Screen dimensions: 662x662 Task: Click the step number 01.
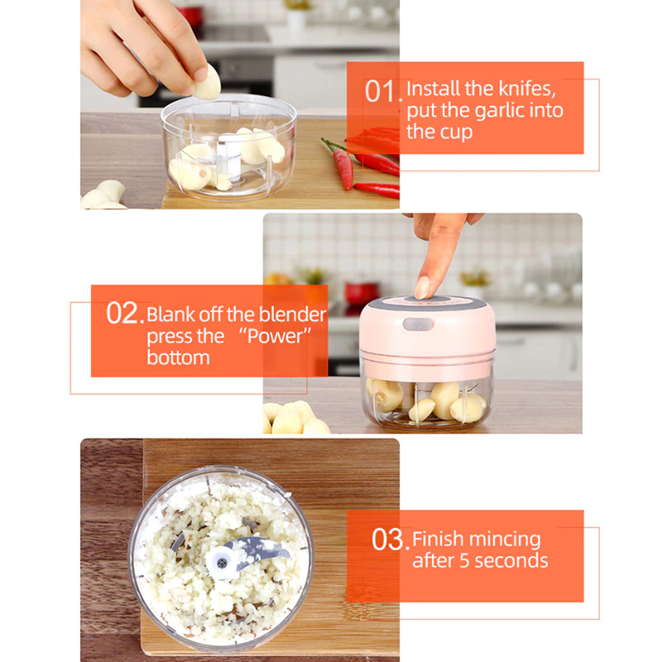pyautogui.click(x=383, y=91)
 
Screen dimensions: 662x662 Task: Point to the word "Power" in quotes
pyautogui.click(x=270, y=336)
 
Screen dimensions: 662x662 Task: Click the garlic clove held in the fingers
pyautogui.click(x=207, y=83)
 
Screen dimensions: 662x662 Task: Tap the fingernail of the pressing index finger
pyautogui.click(x=423, y=286)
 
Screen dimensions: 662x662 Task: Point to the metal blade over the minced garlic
pyautogui.click(x=261, y=548)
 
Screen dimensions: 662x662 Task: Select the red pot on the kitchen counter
pyautogui.click(x=362, y=292)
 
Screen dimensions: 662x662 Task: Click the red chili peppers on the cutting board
pyautogui.click(x=364, y=161)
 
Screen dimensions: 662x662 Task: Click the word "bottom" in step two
pyautogui.click(x=179, y=357)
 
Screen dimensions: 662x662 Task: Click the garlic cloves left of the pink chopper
pyautogui.click(x=294, y=418)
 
